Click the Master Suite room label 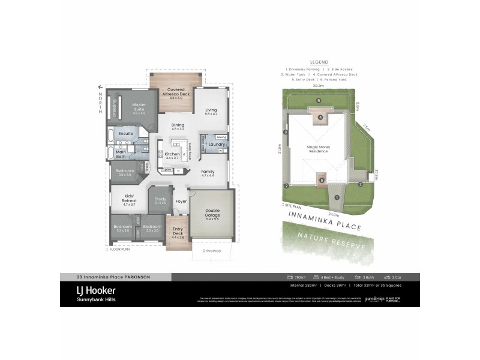tap(139, 107)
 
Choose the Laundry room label tap(217, 145)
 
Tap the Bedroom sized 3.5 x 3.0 tap(122, 228)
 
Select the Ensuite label tap(125, 133)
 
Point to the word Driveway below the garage tap(211, 251)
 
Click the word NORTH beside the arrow tap(101, 103)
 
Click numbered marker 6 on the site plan tap(319, 100)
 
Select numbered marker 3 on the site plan tap(286, 132)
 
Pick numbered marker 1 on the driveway tap(337, 197)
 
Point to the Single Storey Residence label tap(319, 149)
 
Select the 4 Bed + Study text tap(332, 277)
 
